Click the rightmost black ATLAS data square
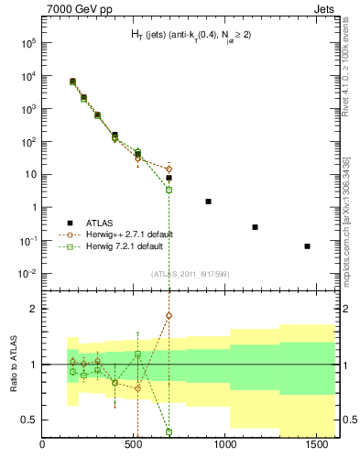(307, 245)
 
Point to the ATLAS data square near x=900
(208, 201)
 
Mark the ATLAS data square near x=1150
(255, 226)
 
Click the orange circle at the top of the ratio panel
(169, 316)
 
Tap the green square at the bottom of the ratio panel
(169, 431)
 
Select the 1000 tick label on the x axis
(226, 446)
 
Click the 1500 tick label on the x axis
(318, 446)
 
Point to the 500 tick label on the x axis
(135, 446)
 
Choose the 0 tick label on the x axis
(43, 446)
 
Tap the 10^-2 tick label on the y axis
(27, 274)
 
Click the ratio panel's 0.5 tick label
(30, 420)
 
